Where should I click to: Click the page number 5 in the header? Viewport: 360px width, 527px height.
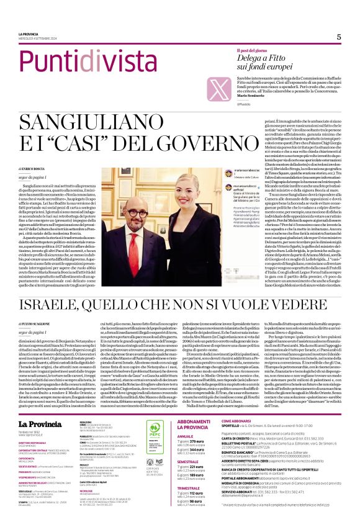(339, 37)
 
